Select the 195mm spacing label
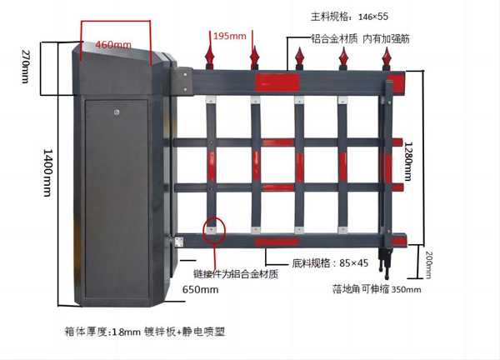tap(229, 36)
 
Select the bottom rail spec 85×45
tap(330, 263)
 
